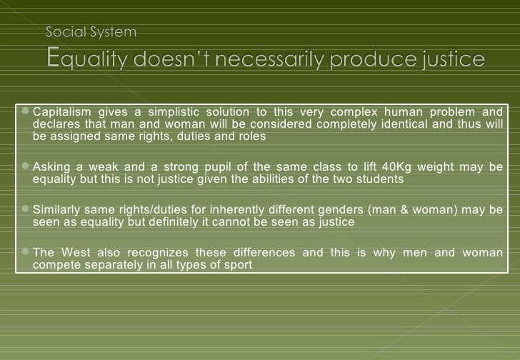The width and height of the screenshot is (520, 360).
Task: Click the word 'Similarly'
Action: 58,210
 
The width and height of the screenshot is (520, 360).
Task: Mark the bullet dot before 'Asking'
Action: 26,166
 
